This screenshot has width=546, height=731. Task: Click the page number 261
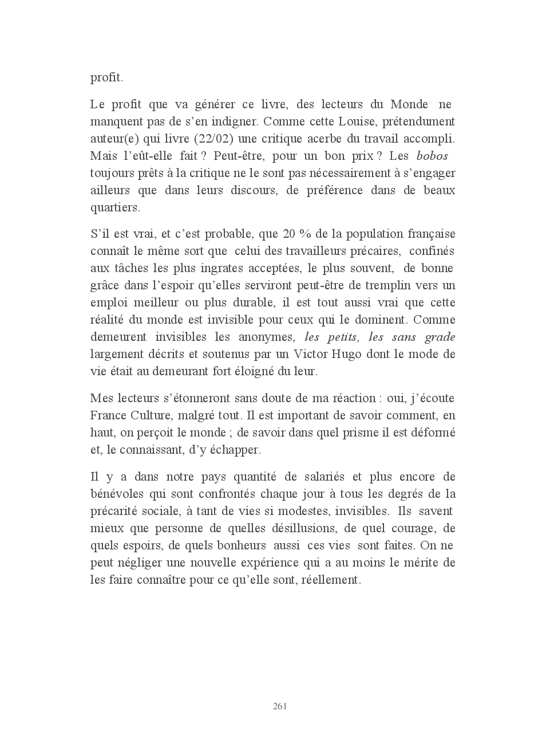280,706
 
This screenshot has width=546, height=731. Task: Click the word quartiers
115,207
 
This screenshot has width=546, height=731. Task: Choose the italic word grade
440,337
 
